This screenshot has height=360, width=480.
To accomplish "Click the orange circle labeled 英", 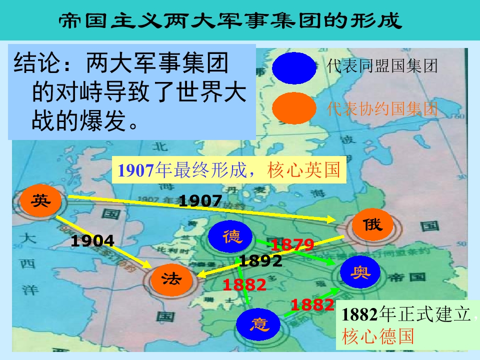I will coord(41,201).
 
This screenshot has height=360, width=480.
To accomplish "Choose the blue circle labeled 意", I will coord(259,324).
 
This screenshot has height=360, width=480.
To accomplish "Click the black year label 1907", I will coord(200,201).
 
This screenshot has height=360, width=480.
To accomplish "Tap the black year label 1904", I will coord(92,241).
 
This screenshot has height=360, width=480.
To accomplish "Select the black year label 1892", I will coord(260,260).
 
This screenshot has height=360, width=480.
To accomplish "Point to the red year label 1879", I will coord(292,245).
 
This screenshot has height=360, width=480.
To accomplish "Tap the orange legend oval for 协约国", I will coord(294,108).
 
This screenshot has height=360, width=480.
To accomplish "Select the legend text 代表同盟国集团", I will coord(382,66).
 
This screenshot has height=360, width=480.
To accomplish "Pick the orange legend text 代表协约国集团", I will coord(382,108).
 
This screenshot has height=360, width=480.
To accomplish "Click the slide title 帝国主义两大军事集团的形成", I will coord(230,20).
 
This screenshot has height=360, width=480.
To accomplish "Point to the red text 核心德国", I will coord(378,336).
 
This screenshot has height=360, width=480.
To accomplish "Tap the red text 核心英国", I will coord(304,170).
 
